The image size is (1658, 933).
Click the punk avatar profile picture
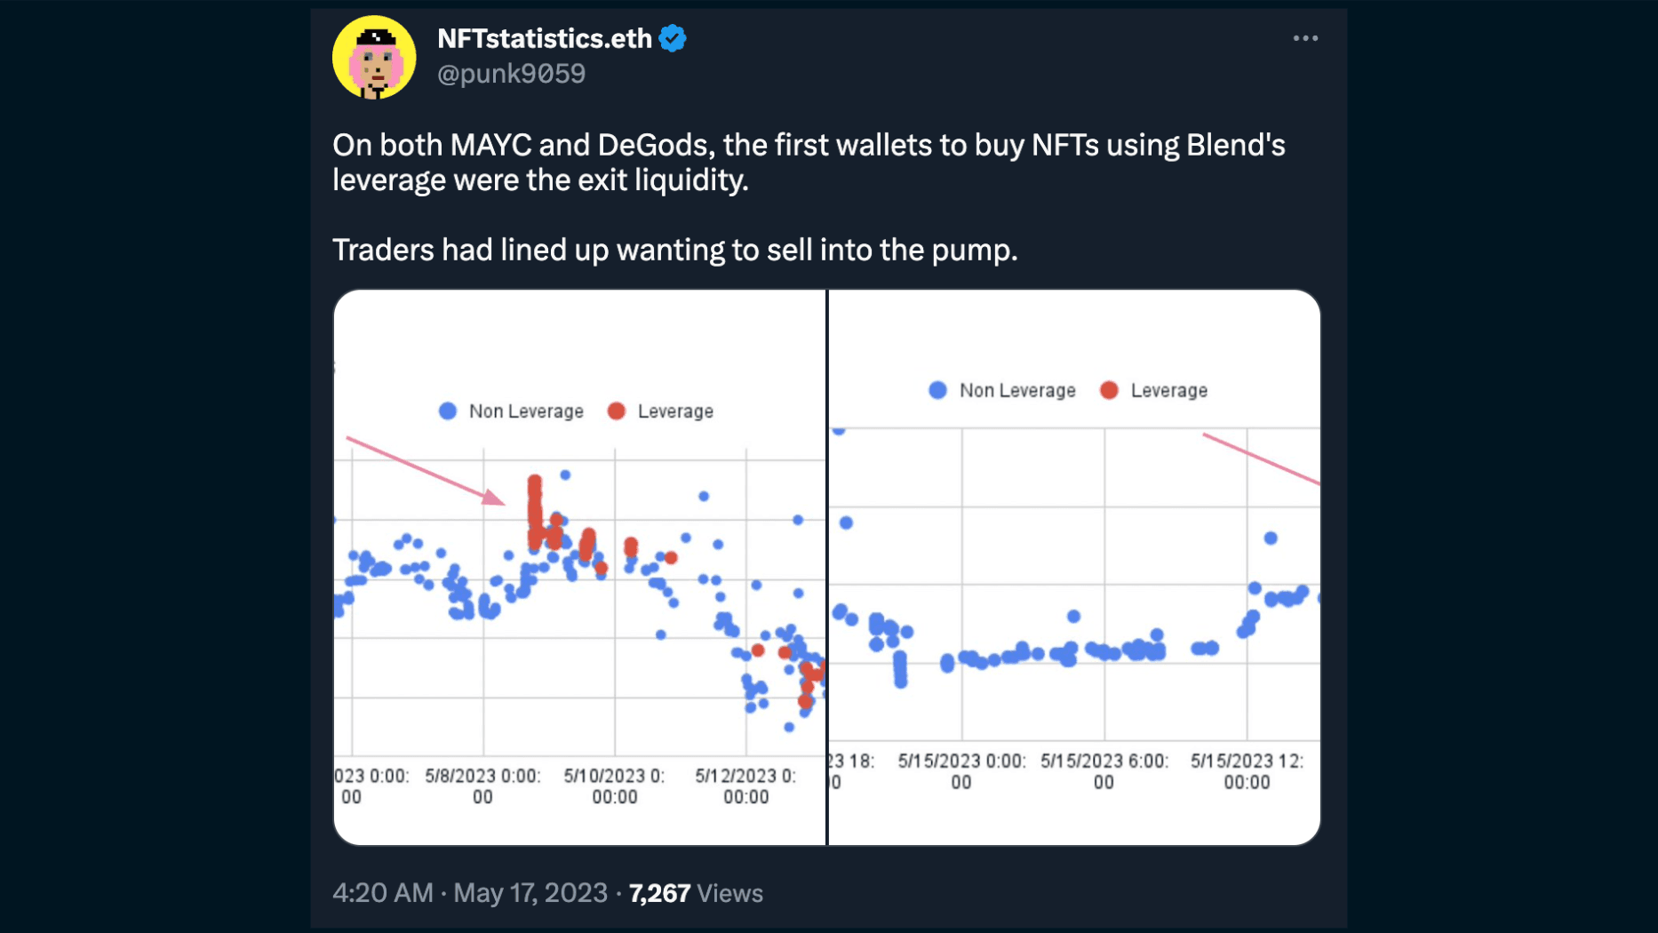[x=374, y=57]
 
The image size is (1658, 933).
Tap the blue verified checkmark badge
[x=673, y=39]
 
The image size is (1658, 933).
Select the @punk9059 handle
[x=511, y=74]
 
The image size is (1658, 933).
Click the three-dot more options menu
[x=1304, y=38]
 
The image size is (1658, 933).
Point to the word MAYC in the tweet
[x=490, y=145]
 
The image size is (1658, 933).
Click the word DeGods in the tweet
[x=656, y=145]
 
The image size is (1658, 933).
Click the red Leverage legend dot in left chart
[x=617, y=411]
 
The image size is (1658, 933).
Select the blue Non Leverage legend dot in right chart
[x=937, y=390]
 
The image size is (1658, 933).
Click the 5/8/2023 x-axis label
[x=482, y=785]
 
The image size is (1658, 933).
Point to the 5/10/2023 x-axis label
[x=614, y=785]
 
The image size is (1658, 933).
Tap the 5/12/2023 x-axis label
[x=745, y=785]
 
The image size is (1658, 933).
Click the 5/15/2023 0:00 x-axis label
[x=961, y=770]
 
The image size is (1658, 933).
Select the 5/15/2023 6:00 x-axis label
[x=1104, y=770]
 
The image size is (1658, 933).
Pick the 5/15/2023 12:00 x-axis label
[x=1247, y=770]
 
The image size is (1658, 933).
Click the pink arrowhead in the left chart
[x=493, y=498]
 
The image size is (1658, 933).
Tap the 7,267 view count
[x=659, y=893]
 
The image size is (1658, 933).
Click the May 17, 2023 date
[x=530, y=893]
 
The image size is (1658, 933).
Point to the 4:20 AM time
[x=382, y=893]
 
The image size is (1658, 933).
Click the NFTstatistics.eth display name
[x=545, y=39]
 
